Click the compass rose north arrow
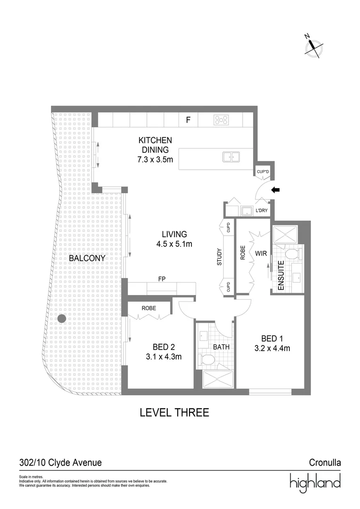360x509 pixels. pos(313,46)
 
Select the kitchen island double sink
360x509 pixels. pos(231,156)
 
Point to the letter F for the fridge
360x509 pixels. pos(188,120)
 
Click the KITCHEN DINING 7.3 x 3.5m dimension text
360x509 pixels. pos(155,160)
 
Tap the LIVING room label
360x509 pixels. pos(174,234)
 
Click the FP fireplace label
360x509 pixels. pos(161,279)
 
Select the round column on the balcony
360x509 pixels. pos(61,319)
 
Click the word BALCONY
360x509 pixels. pos(87,258)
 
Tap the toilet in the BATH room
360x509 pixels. pos(207,361)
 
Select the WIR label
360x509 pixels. pos(262,254)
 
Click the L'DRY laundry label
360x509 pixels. pos(262,210)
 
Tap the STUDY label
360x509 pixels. pos(220,256)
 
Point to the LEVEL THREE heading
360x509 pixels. pos(174,413)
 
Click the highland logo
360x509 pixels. pos(315,483)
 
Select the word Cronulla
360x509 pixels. pos(325,463)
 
